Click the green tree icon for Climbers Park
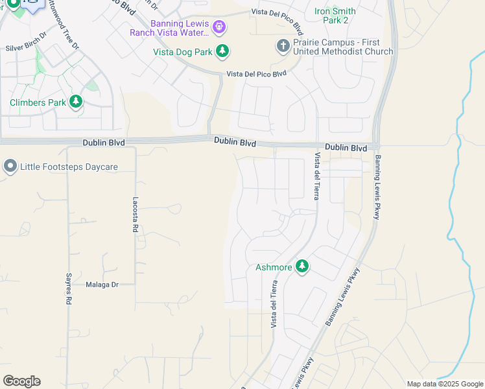[77, 102]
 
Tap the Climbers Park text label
[38, 102]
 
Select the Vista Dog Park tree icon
[222, 51]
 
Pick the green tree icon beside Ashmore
[302, 266]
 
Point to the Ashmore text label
[274, 267]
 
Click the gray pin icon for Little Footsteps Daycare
[10, 167]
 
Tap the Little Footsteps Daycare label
[69, 167]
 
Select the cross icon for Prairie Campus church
[283, 46]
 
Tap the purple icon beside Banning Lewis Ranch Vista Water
[220, 27]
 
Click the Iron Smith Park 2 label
[335, 16]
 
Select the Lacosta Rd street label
[136, 215]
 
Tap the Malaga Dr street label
[102, 284]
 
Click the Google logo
[21, 381]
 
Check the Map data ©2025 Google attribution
[445, 384]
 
